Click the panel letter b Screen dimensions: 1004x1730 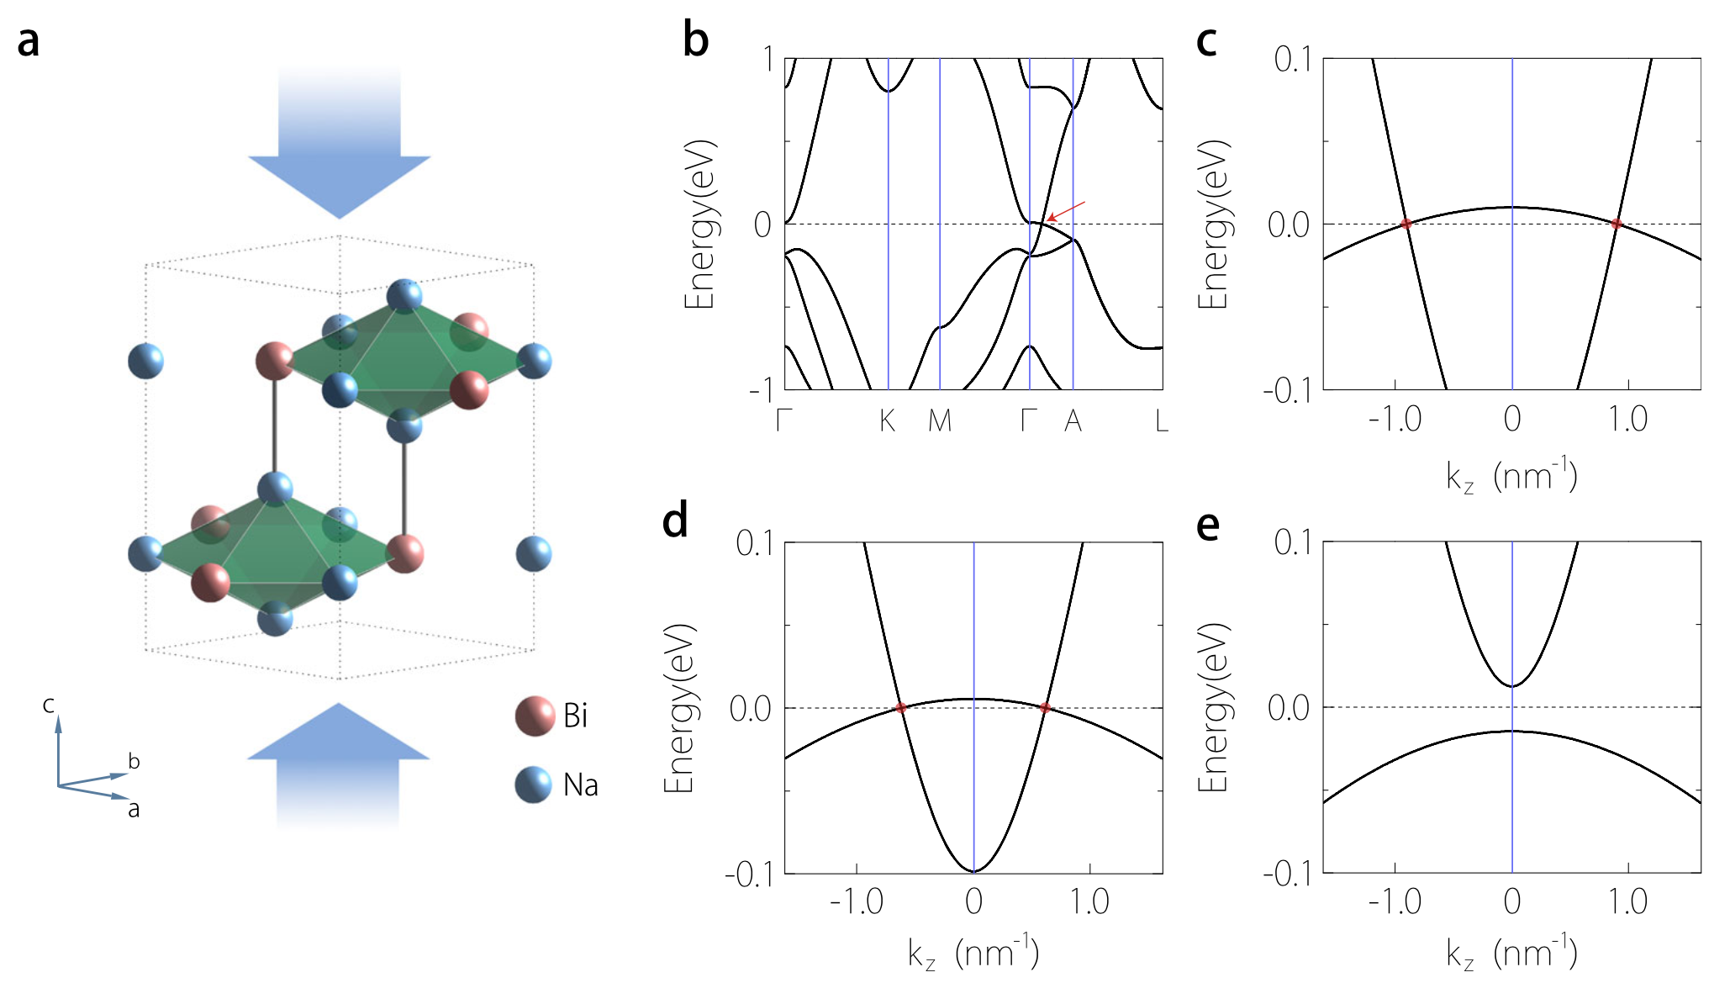[695, 40]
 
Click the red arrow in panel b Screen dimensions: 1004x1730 [1066, 211]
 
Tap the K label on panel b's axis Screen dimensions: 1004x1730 [888, 420]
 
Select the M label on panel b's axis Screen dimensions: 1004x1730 [940, 420]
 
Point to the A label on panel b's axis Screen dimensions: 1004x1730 [1073, 420]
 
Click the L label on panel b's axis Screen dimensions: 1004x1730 [1161, 420]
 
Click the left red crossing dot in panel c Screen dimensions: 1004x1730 [1406, 224]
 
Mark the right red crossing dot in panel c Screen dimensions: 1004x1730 [1617, 224]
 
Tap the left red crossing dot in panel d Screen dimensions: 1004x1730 [900, 708]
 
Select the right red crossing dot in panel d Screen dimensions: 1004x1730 [1045, 708]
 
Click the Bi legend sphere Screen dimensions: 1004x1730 [535, 716]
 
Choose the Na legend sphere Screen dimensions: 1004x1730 [534, 785]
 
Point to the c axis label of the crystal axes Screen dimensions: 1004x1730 [49, 704]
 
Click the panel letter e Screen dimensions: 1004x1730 [1207, 526]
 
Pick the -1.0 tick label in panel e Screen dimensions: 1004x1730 [1395, 902]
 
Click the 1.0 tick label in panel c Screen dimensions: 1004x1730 [1628, 419]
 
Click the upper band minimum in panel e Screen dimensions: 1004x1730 [1512, 686]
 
